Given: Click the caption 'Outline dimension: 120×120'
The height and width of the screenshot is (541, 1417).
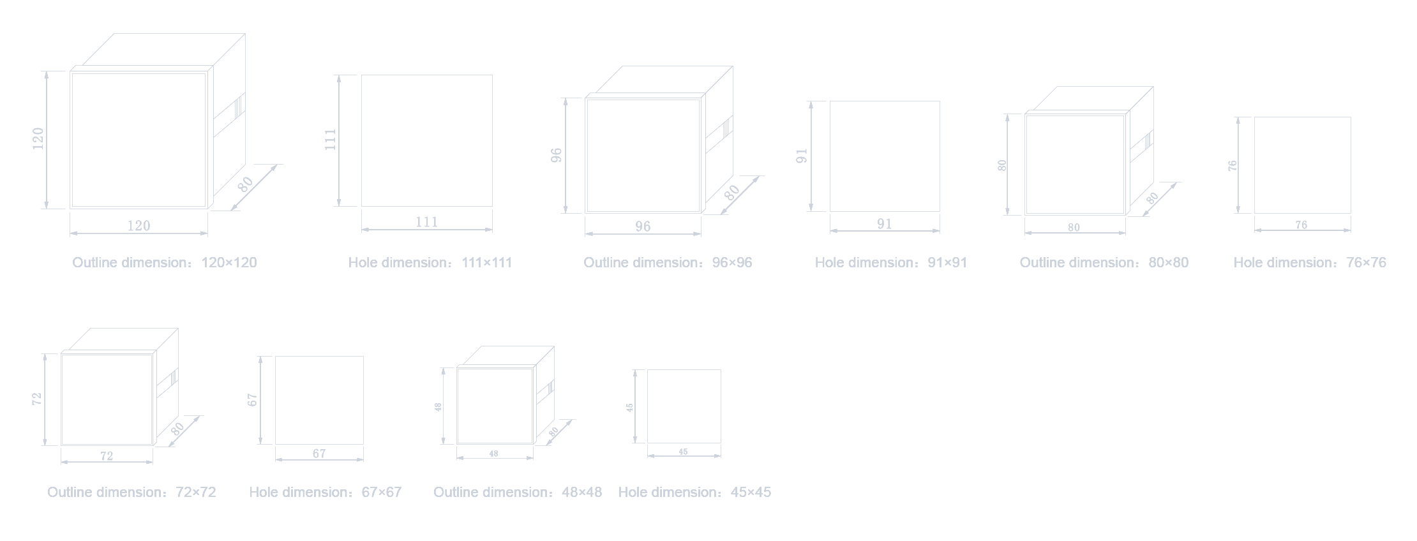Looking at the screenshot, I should [165, 263].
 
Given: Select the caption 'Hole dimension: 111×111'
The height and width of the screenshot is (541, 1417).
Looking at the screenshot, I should [430, 263].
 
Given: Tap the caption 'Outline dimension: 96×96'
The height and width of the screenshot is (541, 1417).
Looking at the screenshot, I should [668, 263].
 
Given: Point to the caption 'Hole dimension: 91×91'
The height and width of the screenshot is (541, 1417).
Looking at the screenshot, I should [891, 263].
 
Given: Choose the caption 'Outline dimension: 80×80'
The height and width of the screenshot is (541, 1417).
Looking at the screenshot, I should [1104, 263].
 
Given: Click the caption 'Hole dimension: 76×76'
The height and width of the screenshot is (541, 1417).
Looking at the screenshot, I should [1310, 263].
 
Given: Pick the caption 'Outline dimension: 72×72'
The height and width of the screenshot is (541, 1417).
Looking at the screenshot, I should [131, 493].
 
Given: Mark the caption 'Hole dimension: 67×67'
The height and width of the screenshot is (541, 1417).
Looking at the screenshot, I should [326, 493].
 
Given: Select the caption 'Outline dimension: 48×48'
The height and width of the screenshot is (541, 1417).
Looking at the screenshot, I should [518, 493].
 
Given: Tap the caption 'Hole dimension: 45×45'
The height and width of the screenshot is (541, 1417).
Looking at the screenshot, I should [694, 493].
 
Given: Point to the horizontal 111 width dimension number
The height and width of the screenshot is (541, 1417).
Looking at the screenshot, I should [427, 222].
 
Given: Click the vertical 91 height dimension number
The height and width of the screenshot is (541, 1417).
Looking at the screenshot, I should [802, 156].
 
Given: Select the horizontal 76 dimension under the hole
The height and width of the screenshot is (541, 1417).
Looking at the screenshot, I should [1301, 225].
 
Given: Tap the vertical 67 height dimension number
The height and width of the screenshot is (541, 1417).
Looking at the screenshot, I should [253, 400].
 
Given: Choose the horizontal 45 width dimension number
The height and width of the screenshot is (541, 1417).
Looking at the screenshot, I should [684, 452].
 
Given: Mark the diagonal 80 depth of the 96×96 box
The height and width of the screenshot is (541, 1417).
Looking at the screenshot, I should [732, 191].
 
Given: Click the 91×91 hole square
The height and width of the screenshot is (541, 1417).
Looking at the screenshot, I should [885, 156].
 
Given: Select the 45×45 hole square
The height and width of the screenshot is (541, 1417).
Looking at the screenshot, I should [684, 406].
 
